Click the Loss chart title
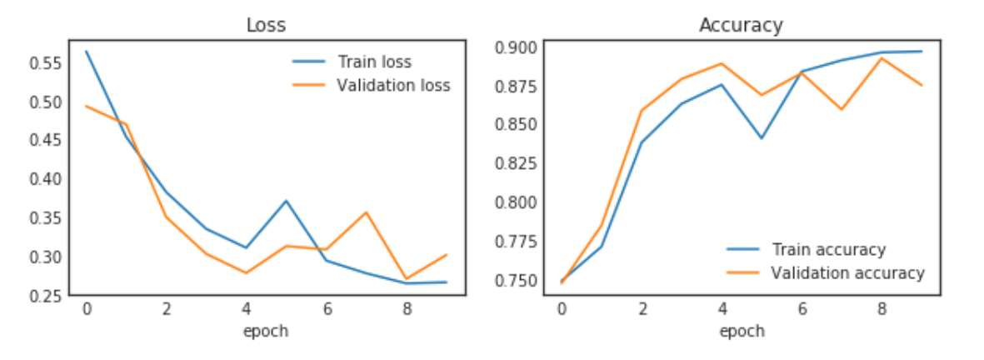(266, 25)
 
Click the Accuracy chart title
(741, 25)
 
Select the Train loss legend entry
(374, 62)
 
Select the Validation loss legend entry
(392, 85)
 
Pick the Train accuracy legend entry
(828, 249)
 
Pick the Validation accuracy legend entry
(847, 272)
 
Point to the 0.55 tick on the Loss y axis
(45, 63)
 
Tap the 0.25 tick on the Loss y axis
(45, 295)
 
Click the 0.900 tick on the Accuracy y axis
(518, 47)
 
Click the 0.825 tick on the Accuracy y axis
(518, 163)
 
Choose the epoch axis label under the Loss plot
(265, 331)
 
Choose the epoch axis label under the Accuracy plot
(741, 331)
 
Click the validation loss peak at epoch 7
(366, 212)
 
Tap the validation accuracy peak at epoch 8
(882, 57)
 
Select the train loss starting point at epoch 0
(87, 52)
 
